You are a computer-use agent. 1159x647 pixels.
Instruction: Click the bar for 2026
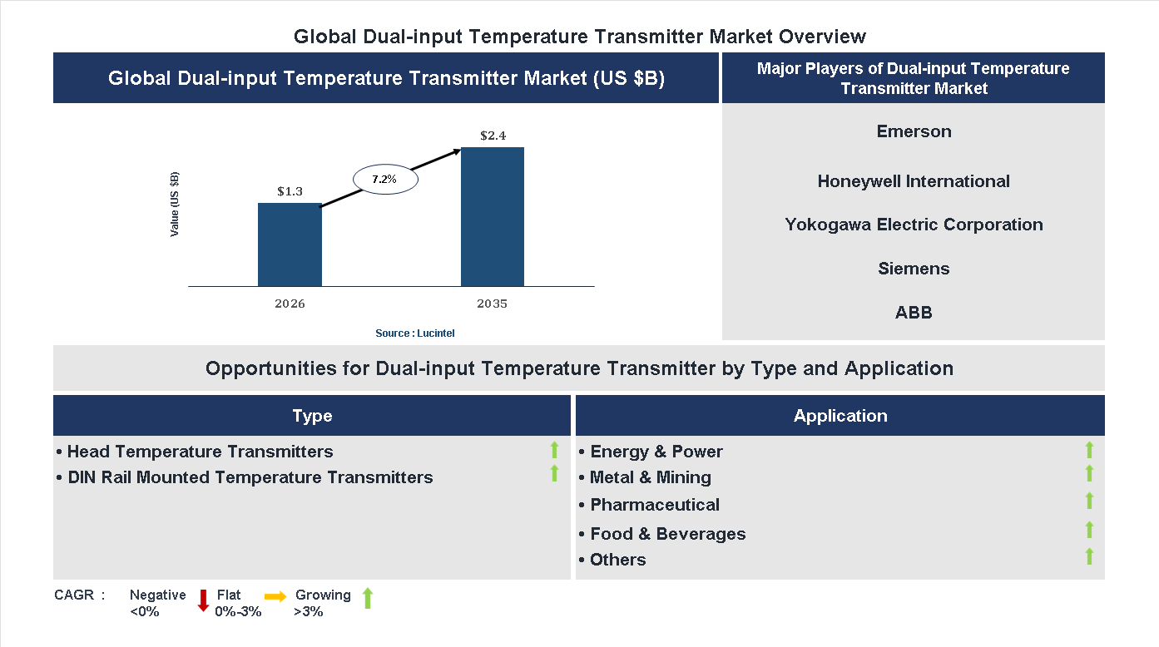coord(290,244)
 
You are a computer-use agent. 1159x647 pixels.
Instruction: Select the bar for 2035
coord(493,217)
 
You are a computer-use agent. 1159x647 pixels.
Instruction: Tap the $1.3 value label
coord(290,191)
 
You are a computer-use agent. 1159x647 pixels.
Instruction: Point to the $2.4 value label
coord(493,135)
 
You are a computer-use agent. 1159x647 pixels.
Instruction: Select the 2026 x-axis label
coord(290,304)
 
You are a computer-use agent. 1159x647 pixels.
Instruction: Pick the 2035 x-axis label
coord(492,304)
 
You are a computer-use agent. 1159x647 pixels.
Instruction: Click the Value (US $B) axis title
coord(175,205)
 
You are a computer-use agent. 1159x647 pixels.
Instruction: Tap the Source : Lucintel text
coord(414,333)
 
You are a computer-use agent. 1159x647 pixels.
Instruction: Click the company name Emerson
coord(914,131)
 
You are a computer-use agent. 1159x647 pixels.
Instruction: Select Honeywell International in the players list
coord(914,181)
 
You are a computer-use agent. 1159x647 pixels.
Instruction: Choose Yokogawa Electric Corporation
coord(914,225)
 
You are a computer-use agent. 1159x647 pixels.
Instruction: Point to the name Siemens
coord(914,269)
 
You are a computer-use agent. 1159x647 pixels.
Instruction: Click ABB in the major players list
coord(914,313)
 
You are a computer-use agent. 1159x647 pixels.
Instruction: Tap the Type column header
coord(312,416)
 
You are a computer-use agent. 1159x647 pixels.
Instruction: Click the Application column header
coord(840,416)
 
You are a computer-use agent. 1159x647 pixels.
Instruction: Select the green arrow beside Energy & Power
coord(1089,450)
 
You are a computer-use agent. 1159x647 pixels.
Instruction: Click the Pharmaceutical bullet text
coord(654,505)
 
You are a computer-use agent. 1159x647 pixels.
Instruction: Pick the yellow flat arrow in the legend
coord(275,596)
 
